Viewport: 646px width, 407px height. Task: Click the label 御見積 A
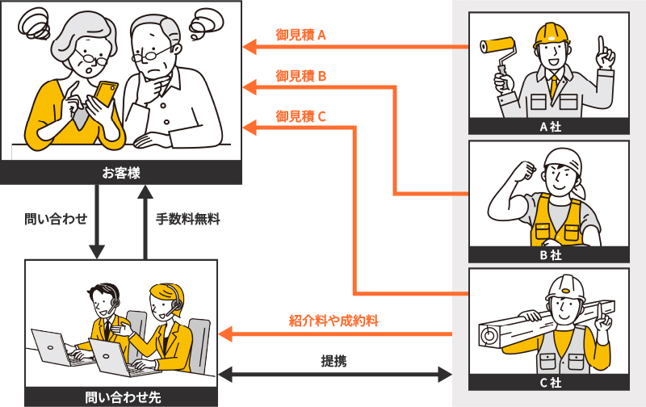(300, 36)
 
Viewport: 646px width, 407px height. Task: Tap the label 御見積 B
(300, 76)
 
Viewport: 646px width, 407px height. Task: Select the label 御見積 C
(300, 116)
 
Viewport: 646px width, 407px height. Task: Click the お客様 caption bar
(121, 172)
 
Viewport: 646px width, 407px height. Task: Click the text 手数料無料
(187, 218)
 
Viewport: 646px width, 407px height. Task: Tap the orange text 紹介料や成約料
(334, 320)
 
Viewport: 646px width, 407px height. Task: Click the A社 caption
(550, 126)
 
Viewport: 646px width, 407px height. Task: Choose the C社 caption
(550, 384)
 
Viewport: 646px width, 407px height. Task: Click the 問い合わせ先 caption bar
(121, 397)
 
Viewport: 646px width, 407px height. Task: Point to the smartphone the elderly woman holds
(105, 92)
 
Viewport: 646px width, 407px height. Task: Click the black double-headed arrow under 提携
(334, 374)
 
